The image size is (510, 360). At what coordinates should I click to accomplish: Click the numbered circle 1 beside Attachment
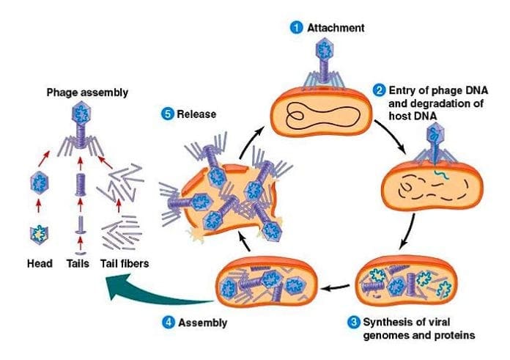point(297,27)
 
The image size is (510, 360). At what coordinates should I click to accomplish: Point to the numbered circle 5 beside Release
point(168,114)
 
